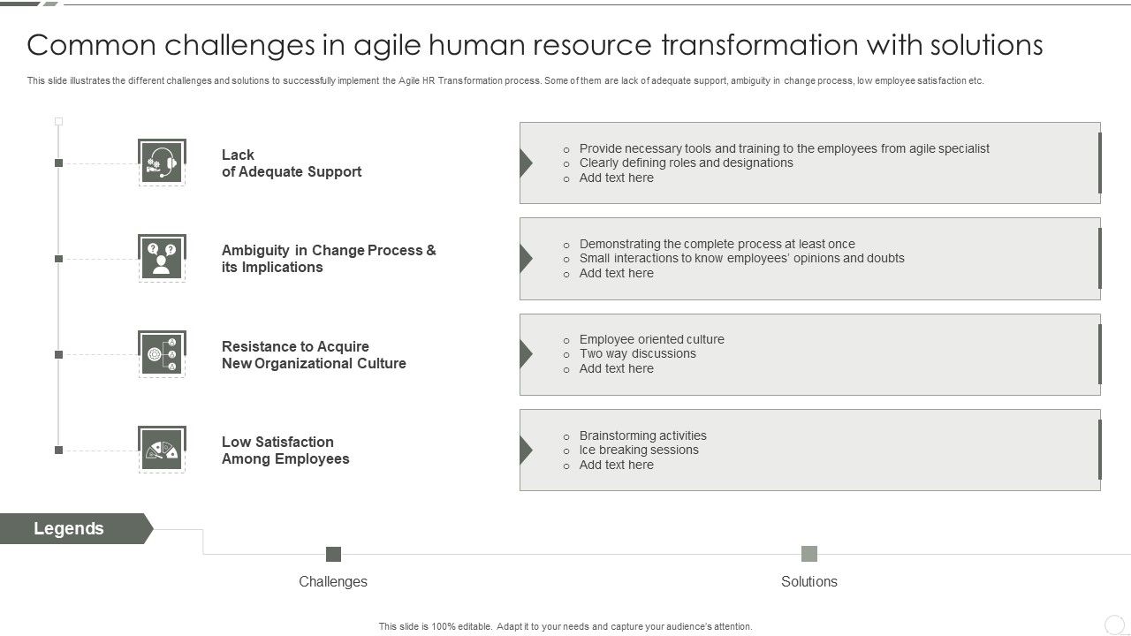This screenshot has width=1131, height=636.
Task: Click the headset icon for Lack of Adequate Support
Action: (162, 163)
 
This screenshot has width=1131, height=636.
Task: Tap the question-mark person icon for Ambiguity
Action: (162, 258)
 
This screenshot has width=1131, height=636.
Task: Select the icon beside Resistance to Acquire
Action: (162, 354)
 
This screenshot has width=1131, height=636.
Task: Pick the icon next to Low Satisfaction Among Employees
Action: (162, 450)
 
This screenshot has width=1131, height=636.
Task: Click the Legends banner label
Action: (69, 528)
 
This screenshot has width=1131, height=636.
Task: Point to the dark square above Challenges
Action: (333, 554)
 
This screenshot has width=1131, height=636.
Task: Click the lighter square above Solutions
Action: (809, 554)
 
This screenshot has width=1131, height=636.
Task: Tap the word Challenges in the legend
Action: (333, 581)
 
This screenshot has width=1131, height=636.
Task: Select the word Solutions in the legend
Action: (809, 581)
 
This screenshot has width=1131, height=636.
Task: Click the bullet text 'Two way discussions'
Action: (637, 353)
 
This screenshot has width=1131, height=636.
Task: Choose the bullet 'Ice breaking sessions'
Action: (639, 450)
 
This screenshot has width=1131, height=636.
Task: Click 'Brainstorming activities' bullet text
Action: (642, 435)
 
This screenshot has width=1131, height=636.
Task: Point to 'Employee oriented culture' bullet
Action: (651, 339)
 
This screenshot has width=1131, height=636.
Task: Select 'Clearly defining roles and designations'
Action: (686, 163)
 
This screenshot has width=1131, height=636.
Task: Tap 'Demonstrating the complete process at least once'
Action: (717, 244)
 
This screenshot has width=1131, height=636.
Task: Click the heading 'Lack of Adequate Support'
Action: (291, 163)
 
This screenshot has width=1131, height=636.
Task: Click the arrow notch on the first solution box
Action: (527, 163)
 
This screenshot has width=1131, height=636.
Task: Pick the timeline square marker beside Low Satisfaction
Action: (59, 450)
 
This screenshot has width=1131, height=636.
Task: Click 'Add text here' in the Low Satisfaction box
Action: (616, 465)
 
